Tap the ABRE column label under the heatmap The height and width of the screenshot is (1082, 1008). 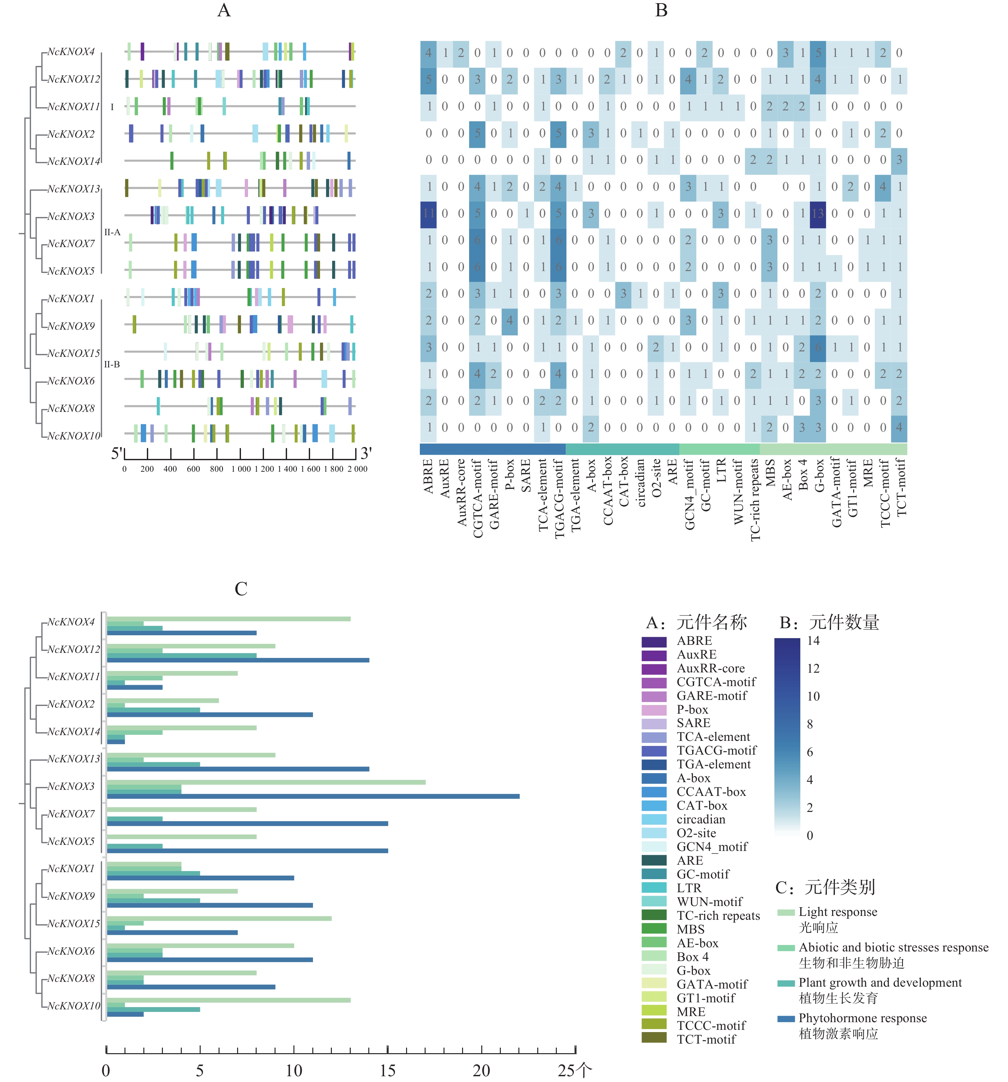[428, 476]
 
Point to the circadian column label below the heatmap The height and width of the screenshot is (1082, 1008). [640, 483]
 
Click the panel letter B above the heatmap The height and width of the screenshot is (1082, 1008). [661, 10]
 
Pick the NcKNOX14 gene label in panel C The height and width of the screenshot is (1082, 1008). [74, 732]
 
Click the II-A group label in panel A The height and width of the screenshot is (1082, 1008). [112, 232]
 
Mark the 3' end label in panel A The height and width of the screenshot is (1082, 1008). [366, 453]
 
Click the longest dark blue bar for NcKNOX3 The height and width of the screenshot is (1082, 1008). [313, 796]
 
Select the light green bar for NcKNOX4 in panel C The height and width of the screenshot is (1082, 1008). [228, 619]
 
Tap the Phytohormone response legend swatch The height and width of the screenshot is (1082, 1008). [786, 1018]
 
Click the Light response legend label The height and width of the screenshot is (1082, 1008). [838, 912]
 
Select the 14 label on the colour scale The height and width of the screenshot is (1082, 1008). [813, 641]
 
